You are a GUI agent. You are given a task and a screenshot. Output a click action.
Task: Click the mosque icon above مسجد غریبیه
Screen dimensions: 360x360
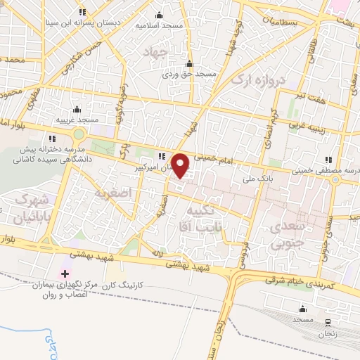point(77,110)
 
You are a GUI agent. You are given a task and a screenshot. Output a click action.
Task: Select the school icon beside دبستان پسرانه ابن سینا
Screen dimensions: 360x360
point(83,11)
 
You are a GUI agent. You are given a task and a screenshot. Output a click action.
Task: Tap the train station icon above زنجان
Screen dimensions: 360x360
point(328,322)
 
